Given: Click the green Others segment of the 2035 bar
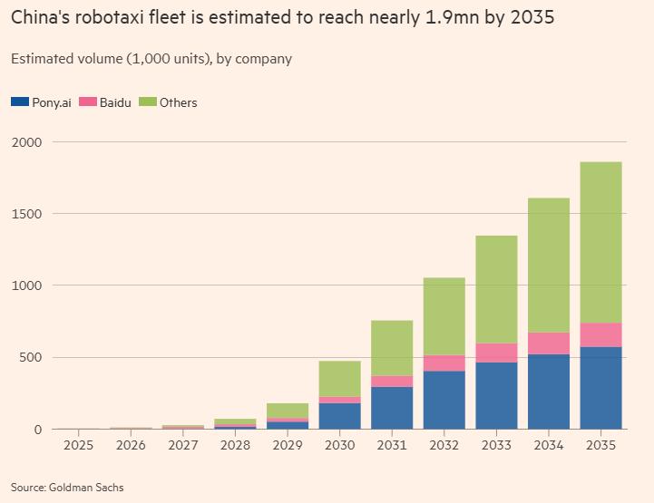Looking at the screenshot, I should tap(600, 242).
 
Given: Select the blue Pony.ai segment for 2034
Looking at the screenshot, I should tap(549, 391).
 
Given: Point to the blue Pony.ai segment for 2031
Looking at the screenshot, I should tap(391, 408).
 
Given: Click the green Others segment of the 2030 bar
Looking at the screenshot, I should tap(339, 379).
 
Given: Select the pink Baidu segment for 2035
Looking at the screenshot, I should tap(600, 334).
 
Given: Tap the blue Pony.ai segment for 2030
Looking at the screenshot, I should tap(339, 415).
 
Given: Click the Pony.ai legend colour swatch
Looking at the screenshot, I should tap(19, 102).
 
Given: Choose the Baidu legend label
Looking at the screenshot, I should tap(115, 102).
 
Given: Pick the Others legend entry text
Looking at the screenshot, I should tap(178, 102).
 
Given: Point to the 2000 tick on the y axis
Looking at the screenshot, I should tap(27, 142).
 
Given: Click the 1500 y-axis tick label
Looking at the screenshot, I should tap(27, 214).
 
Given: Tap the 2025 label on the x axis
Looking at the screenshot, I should tap(77, 445).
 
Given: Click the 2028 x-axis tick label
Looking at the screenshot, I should tap(234, 445).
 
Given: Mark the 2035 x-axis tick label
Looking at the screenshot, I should tap(600, 445).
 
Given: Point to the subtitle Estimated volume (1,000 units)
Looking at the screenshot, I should tap(109, 59).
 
